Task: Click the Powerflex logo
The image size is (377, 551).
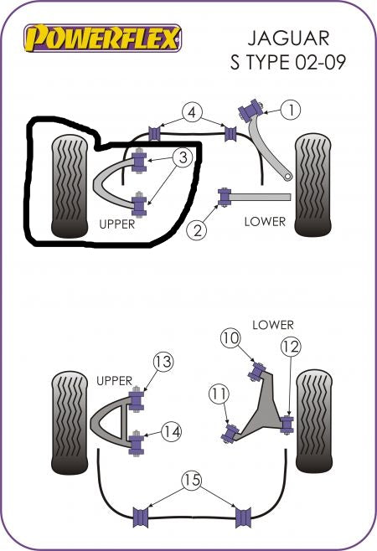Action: tap(103, 38)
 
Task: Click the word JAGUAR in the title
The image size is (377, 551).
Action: tap(288, 38)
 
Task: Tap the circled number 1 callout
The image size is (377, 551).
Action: tap(291, 110)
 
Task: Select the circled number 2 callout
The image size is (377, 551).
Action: tap(197, 230)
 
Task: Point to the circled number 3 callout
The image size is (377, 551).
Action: tap(183, 157)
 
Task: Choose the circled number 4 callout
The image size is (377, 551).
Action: tap(192, 112)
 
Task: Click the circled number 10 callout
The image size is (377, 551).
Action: tap(230, 337)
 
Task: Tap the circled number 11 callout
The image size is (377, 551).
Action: tap(219, 394)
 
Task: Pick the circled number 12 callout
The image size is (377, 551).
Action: tap(291, 347)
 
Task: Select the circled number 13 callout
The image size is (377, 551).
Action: tap(163, 362)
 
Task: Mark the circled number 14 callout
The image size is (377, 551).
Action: tap(172, 431)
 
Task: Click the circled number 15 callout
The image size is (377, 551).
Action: tap(192, 480)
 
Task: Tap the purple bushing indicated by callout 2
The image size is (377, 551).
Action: tap(225, 197)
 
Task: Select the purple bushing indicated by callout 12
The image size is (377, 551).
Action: tap(287, 425)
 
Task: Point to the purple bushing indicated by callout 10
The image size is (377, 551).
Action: tap(259, 371)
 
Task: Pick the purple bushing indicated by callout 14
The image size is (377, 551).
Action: tap(137, 442)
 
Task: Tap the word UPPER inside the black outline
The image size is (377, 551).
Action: tap(117, 224)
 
